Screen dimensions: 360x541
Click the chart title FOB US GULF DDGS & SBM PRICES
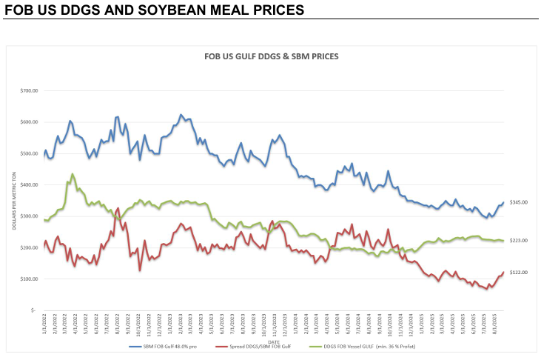270,56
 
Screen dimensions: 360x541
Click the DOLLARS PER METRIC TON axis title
14,200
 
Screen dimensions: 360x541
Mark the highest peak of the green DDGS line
72,174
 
